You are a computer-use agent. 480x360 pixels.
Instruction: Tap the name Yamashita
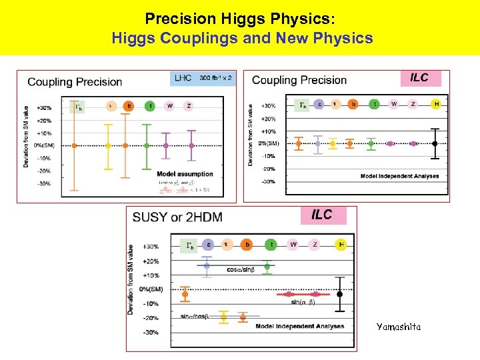point(399,327)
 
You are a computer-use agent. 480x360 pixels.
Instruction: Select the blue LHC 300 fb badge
point(202,79)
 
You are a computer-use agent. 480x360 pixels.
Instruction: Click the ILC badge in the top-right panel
point(419,78)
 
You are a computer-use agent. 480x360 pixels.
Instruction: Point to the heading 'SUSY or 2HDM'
point(177,217)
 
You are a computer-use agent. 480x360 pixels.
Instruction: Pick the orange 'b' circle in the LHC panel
point(129,105)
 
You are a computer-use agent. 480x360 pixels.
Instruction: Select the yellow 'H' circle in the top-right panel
point(436,104)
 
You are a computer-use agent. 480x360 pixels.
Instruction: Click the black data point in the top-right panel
point(435,143)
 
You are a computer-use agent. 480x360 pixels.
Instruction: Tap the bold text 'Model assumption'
point(185,174)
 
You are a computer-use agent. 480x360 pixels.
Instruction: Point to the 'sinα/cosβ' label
point(195,316)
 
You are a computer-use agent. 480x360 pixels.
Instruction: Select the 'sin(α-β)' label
point(303,303)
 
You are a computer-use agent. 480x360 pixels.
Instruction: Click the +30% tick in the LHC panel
point(44,107)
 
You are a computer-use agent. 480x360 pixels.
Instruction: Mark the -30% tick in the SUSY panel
point(151,332)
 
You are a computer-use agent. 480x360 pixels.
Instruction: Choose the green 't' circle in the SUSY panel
point(267,245)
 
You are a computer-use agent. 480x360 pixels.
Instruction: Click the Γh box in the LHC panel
point(78,105)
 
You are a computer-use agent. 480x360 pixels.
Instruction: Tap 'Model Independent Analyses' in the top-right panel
point(399,176)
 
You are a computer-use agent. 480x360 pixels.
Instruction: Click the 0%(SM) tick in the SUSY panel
point(151,289)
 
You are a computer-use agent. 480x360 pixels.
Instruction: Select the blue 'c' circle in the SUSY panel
point(208,245)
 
